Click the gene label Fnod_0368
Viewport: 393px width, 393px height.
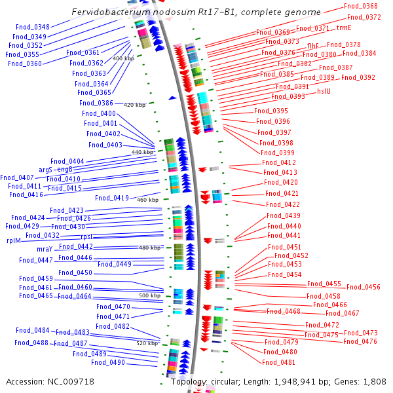(x=360, y=6)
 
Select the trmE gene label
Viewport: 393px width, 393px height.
(x=344, y=28)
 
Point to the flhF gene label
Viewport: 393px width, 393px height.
(x=313, y=45)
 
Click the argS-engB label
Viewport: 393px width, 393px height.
(x=56, y=169)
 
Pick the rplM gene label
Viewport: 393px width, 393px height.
(x=14, y=240)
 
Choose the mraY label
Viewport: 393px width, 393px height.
(x=44, y=249)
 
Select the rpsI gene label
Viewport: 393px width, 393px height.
(x=86, y=236)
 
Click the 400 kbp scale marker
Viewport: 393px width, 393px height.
(x=123, y=58)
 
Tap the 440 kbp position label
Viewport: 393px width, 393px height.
(x=142, y=152)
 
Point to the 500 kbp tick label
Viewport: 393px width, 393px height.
(x=149, y=295)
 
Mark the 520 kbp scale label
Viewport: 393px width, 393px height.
(x=147, y=343)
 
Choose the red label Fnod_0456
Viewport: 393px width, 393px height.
(x=363, y=287)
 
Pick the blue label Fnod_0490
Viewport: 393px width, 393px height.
(x=108, y=362)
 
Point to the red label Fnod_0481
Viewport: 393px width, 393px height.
(x=279, y=362)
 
